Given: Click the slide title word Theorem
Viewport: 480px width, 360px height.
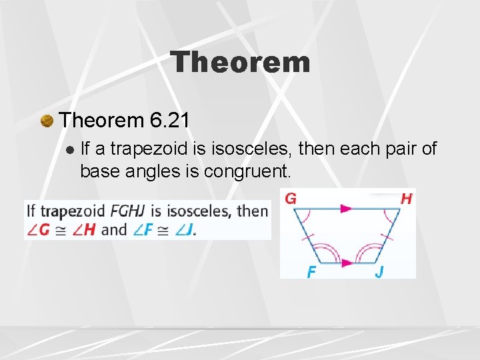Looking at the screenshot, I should [240, 63].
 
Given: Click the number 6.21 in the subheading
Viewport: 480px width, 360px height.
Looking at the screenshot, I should [171, 120].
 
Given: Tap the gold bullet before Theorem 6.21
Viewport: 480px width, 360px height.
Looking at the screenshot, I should [47, 121].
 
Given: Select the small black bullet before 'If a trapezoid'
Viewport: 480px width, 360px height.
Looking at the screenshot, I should [70, 149].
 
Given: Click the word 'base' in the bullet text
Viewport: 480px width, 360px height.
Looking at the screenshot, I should [101, 171].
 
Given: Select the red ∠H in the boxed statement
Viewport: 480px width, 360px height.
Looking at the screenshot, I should [84, 229].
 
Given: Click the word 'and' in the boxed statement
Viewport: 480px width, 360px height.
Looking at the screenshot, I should [115, 229].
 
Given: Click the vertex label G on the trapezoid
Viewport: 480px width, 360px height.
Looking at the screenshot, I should [290, 199].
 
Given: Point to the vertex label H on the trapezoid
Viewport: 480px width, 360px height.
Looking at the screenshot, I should [406, 199].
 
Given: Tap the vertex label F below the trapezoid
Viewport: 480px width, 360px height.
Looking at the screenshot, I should [311, 272].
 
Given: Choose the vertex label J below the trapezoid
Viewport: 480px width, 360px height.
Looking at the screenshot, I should [379, 272].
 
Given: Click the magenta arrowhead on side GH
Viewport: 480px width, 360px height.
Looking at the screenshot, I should [346, 209].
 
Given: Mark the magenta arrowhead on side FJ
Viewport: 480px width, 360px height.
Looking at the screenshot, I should [346, 263].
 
